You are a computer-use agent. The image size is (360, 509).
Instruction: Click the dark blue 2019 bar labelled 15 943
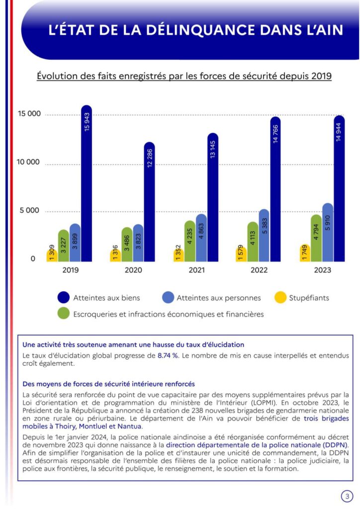87,183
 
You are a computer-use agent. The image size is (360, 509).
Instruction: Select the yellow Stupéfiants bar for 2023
305,253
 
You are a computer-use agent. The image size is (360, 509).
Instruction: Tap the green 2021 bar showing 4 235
190,241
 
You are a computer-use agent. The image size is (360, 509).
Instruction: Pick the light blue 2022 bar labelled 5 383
264,235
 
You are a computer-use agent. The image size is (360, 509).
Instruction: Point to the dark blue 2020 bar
150,202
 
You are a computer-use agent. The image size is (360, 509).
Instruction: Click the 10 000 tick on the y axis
28,162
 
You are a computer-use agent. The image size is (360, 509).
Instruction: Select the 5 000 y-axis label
29,210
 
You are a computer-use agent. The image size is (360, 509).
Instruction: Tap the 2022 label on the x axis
259,270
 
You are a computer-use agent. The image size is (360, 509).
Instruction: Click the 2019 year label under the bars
71,270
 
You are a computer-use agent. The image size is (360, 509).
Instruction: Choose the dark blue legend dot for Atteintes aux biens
63,297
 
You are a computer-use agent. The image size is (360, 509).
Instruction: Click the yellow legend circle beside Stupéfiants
280,297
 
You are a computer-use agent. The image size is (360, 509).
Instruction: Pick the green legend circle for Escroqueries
63,314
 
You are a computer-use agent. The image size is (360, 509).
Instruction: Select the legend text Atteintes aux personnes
218,298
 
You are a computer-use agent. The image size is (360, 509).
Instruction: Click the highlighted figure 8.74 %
168,355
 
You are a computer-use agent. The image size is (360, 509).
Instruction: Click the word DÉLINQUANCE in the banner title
200,30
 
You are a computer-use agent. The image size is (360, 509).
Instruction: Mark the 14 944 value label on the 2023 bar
339,132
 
